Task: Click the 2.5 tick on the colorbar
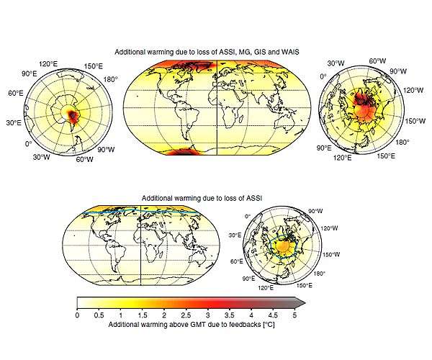click(186, 315)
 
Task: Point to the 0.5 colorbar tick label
click(99, 315)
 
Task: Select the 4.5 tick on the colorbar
click(274, 315)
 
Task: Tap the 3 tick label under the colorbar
click(208, 315)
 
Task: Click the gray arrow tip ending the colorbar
click(301, 302)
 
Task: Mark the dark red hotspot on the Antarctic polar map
click(71, 113)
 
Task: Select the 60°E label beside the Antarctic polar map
click(14, 94)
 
